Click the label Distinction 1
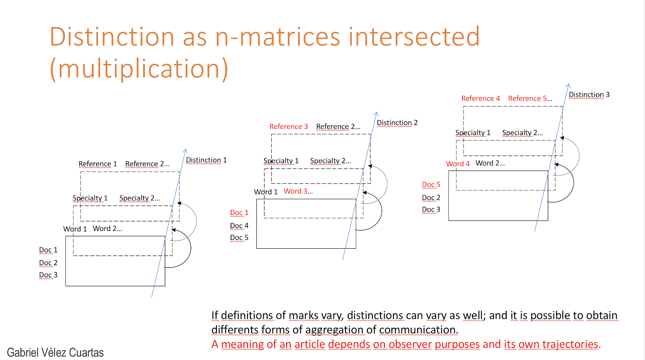206,160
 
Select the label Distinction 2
397,123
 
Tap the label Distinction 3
589,95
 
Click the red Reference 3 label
289,127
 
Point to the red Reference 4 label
481,98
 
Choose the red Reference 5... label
530,98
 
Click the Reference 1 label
98,164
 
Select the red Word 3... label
298,191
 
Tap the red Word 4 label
458,164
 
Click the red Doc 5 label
431,185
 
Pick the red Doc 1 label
239,212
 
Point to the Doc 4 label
239,226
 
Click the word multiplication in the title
139,69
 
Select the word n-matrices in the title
278,37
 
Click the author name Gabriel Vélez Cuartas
55,352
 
